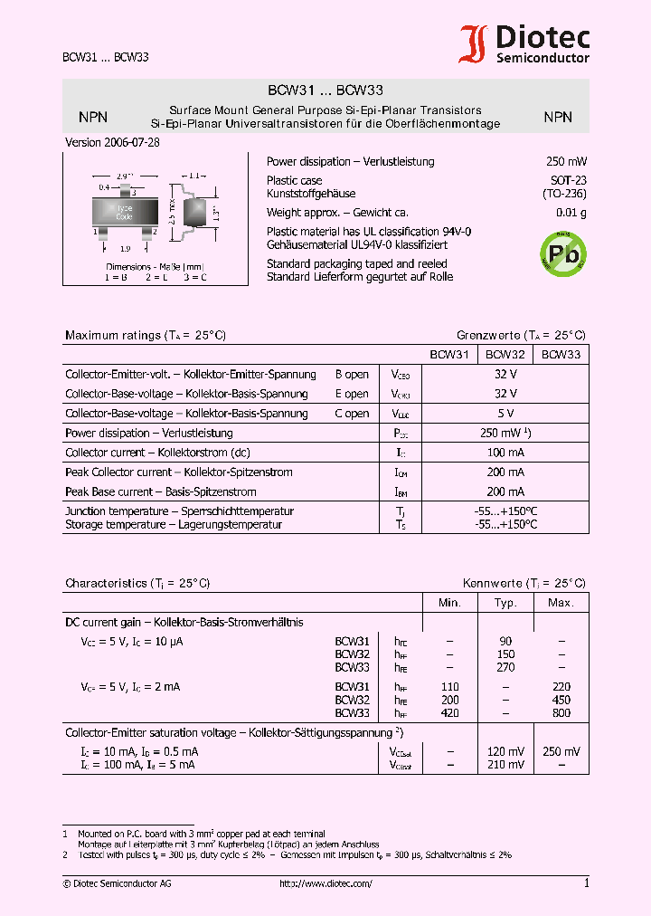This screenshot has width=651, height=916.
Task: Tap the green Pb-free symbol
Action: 562,253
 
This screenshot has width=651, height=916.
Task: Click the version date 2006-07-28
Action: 113,143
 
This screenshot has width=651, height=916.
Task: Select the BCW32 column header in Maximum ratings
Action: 505,355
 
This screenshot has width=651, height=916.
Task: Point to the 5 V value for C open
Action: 506,414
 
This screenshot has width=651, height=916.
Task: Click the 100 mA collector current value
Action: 506,453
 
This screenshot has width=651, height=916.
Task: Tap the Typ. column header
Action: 505,603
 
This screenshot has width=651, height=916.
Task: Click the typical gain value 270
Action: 505,667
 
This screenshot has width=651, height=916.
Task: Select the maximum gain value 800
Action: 561,712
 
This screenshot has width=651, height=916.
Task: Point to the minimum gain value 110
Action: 449,687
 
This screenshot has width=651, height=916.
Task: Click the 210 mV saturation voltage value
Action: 505,765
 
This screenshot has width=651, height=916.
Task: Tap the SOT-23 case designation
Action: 569,180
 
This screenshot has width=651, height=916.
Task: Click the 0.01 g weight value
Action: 571,213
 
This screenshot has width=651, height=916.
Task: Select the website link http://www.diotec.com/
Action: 325,883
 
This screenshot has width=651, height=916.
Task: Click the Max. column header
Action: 561,603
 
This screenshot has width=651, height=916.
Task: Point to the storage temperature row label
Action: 174,525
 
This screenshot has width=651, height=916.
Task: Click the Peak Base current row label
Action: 161,491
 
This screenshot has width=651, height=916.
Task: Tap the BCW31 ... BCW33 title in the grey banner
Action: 325,91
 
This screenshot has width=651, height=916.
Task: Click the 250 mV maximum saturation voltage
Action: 561,752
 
